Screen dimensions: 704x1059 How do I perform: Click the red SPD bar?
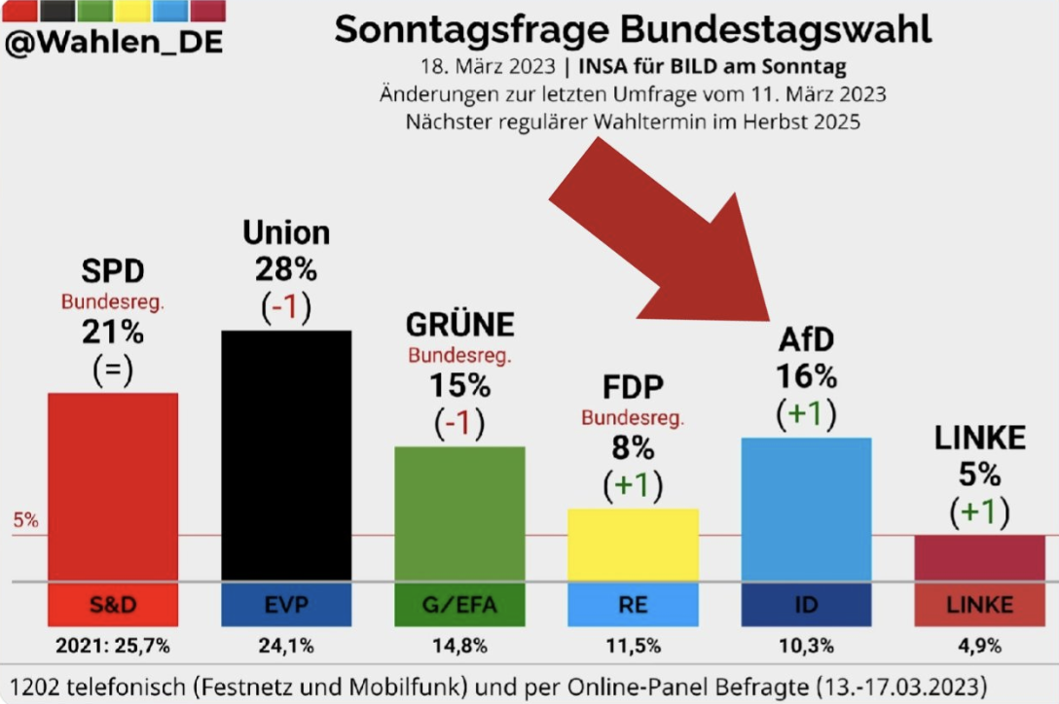click(x=113, y=486)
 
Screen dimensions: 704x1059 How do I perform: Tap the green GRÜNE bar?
click(x=459, y=512)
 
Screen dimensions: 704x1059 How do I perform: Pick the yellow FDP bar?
click(x=633, y=544)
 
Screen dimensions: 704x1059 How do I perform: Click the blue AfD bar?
click(x=806, y=509)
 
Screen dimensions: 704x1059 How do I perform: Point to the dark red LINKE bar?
click(x=979, y=557)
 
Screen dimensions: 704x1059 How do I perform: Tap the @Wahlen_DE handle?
click(x=113, y=43)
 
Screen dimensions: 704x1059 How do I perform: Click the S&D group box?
click(x=113, y=605)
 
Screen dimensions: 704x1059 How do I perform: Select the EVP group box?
click(x=286, y=605)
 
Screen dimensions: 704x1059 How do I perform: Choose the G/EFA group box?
click(x=459, y=605)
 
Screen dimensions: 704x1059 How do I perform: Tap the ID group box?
click(x=806, y=605)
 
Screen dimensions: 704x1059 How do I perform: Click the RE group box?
click(x=633, y=605)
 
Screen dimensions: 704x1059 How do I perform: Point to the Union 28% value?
click(x=285, y=268)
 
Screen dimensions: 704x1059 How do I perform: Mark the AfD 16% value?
click(x=806, y=375)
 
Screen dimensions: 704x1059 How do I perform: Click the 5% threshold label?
click(x=25, y=520)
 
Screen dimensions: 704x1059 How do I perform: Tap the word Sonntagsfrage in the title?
click(x=460, y=30)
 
